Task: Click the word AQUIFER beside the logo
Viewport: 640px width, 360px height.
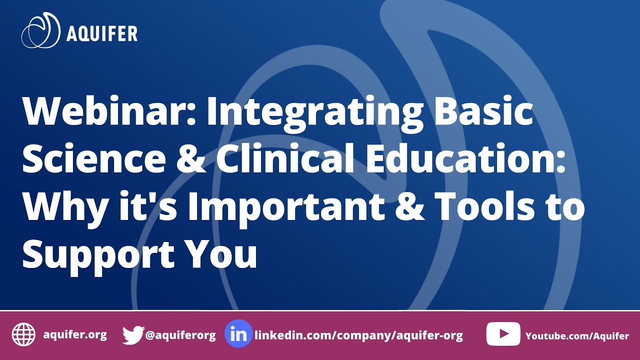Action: tap(102, 33)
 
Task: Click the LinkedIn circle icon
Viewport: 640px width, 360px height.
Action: tap(238, 333)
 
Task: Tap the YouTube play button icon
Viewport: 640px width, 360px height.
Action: tap(503, 334)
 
